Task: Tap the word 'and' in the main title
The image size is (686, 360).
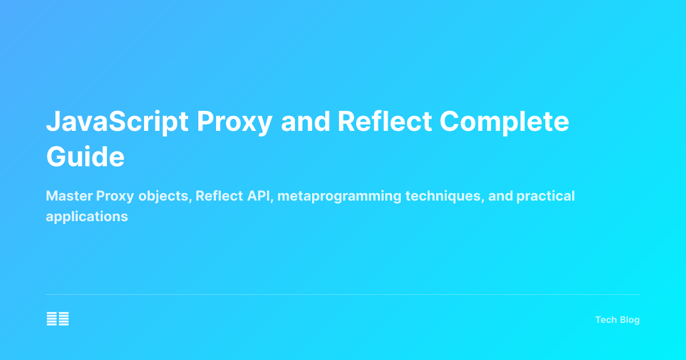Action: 305,123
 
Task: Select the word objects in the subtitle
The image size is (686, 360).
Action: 164,197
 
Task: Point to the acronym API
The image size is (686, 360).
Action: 261,197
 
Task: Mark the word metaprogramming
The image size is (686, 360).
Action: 340,197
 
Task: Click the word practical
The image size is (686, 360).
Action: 545,197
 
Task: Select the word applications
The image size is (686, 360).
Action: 87,217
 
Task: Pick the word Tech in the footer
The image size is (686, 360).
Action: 605,320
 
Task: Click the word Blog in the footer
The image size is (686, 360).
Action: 629,320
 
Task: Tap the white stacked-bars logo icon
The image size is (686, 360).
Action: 58,319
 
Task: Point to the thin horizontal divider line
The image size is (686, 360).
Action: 343,295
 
